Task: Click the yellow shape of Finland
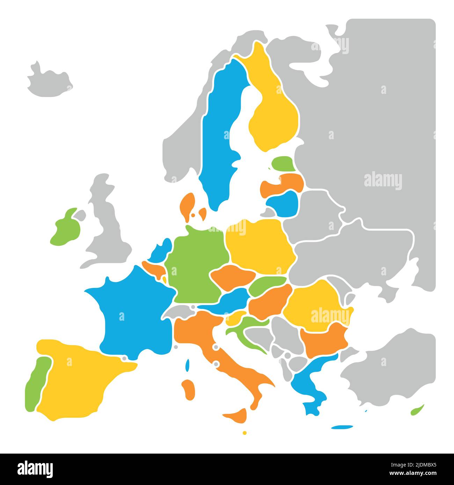click(274, 112)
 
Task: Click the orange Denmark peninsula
click(188, 206)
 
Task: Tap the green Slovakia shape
click(267, 284)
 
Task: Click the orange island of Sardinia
click(189, 389)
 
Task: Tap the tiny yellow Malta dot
click(244, 433)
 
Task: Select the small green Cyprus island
click(417, 410)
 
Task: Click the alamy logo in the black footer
click(35, 469)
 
